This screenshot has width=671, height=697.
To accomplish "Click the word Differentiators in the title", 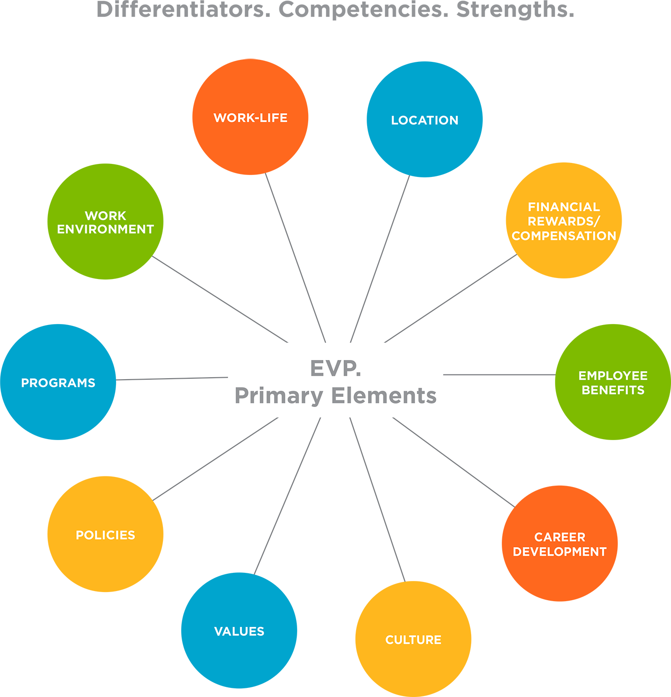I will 183,10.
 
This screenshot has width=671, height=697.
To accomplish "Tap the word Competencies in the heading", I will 364,10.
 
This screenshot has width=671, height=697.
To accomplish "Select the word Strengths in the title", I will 515,10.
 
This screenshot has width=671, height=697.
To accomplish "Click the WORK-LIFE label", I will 250,118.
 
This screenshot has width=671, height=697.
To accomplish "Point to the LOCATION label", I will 425,120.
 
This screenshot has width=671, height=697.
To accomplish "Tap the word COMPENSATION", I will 564,236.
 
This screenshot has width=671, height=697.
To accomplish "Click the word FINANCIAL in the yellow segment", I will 564,207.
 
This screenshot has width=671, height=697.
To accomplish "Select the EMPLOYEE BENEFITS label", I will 613,383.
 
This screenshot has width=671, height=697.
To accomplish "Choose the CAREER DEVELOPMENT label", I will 560,545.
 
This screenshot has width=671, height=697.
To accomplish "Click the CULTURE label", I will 413,640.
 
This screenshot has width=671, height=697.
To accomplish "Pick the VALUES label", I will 239,631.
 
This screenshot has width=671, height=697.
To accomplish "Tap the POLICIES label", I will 105,535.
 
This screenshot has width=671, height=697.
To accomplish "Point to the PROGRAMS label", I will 58,383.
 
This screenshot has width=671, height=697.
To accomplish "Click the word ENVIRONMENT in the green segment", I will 105,230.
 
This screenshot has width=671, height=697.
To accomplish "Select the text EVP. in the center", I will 335,368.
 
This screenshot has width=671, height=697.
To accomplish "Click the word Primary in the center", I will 279,396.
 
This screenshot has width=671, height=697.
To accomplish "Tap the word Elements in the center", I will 384,396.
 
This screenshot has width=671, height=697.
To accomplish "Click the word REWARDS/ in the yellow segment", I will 564,221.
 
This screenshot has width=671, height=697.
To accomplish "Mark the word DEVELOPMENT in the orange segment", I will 560,552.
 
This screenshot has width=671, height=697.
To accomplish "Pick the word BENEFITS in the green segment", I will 613,390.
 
